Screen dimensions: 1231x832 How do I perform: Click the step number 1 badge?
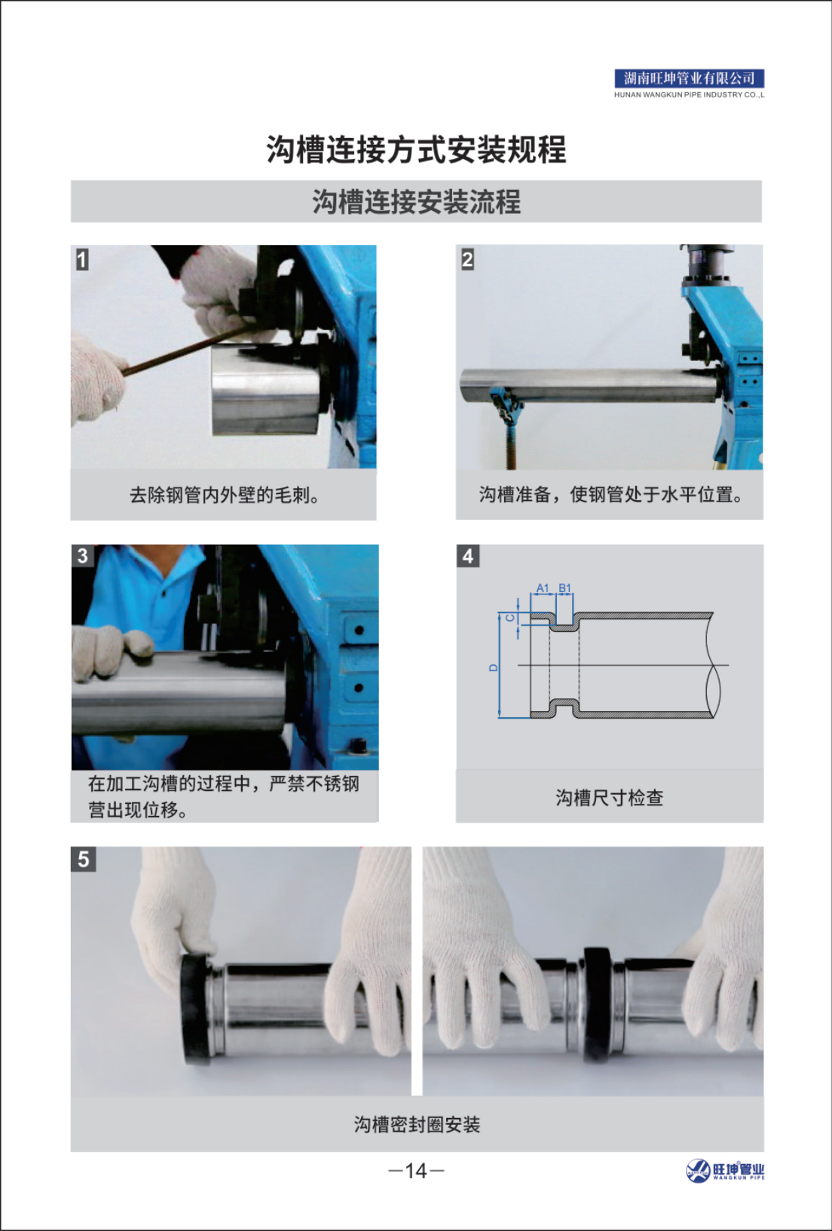pyautogui.click(x=82, y=259)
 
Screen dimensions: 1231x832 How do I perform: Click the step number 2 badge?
pyautogui.click(x=467, y=259)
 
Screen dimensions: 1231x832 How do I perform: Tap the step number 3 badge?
pyautogui.click(x=82, y=556)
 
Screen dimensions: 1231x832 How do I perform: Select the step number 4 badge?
pyautogui.click(x=467, y=556)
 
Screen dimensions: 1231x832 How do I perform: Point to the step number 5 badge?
pyautogui.click(x=83, y=859)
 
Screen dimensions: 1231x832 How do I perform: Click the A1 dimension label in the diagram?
pyautogui.click(x=543, y=588)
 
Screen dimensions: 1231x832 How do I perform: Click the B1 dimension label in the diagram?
pyautogui.click(x=564, y=588)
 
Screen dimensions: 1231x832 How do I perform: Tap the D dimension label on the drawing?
pyautogui.click(x=494, y=667)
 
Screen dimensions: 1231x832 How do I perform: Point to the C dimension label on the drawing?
pyautogui.click(x=509, y=618)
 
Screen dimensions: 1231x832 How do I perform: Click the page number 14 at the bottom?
pyautogui.click(x=416, y=1171)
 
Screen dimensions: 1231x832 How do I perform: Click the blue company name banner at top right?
pyautogui.click(x=689, y=78)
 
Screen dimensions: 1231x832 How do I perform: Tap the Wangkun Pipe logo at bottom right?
pyautogui.click(x=724, y=1171)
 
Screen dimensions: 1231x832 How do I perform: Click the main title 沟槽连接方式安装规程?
pyautogui.click(x=416, y=149)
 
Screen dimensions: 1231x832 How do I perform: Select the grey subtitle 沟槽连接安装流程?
pyautogui.click(x=416, y=202)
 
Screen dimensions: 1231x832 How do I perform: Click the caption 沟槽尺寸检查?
pyautogui.click(x=609, y=798)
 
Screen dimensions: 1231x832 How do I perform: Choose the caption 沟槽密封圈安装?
pyautogui.click(x=417, y=1125)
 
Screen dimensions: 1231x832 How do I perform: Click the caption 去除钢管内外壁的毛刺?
pyautogui.click(x=224, y=495)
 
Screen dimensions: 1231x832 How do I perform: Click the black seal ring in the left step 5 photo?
pyautogui.click(x=194, y=1010)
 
